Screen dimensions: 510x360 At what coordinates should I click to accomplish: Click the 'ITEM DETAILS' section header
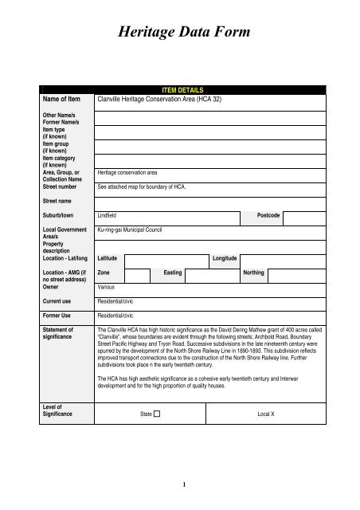click(180, 92)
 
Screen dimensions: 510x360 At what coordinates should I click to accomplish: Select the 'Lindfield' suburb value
click(107, 216)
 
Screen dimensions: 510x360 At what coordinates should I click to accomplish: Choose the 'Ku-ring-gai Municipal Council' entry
click(128, 229)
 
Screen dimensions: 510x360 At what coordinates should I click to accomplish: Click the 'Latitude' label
click(107, 258)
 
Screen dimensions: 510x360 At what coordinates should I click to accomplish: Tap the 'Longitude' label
click(225, 258)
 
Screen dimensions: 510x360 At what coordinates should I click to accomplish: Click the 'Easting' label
click(173, 273)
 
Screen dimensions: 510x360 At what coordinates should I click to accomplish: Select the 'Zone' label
click(104, 273)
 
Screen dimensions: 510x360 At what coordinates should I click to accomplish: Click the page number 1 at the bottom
click(183, 482)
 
